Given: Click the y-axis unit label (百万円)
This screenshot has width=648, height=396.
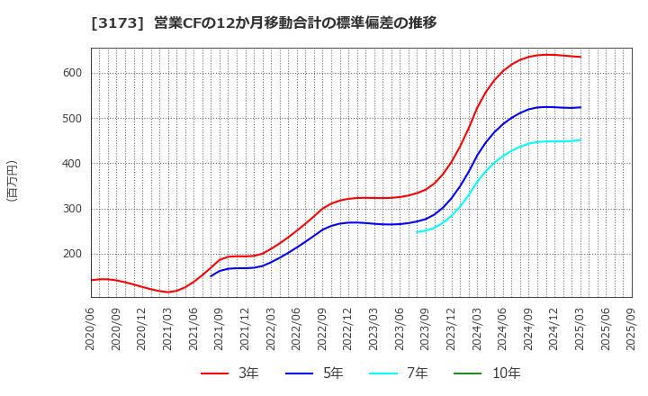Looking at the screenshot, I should pyautogui.click(x=12, y=180).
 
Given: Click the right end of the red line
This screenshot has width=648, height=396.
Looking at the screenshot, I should pyautogui.click(x=580, y=57).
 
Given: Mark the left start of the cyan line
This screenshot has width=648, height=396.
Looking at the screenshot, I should pyautogui.click(x=417, y=232).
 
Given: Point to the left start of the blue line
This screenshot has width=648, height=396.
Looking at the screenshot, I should pyautogui.click(x=211, y=275).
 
